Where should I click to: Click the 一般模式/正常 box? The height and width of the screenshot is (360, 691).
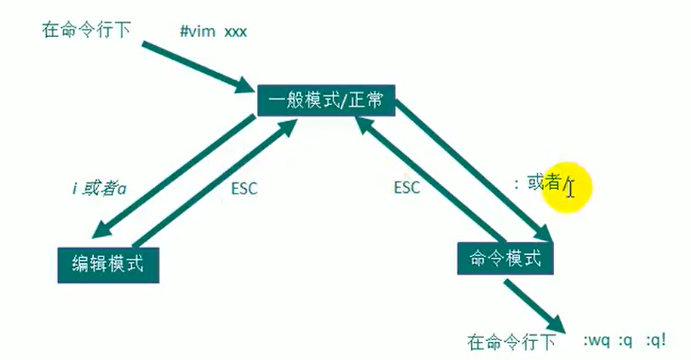coord(326,100)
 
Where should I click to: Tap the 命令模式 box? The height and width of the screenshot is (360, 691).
coord(505,258)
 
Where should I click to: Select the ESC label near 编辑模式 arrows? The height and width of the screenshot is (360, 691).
coord(244,188)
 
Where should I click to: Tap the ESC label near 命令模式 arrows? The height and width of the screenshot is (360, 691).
coord(407,187)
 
